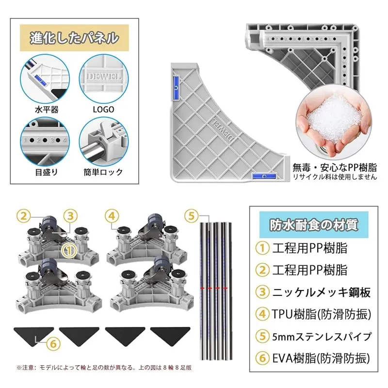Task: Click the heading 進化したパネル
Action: point(74,38)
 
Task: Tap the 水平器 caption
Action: point(47,110)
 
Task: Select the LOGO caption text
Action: point(103,110)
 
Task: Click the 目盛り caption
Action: point(46,172)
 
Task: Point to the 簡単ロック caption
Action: point(103,172)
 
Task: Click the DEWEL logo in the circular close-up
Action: point(104,76)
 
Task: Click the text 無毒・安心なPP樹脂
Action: point(335,167)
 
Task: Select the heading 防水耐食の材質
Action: point(314,225)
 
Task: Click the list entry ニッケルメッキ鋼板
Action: point(322,292)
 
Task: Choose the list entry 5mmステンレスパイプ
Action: point(322,337)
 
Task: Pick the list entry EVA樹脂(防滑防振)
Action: point(321,358)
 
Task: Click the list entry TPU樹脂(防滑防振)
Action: point(322,314)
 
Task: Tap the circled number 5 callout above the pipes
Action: point(192,216)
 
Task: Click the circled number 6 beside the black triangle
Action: point(53,344)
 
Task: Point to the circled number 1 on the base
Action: point(69,250)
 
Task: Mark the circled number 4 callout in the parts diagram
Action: point(112,216)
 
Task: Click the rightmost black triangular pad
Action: point(170,335)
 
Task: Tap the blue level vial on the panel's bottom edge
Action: point(264,176)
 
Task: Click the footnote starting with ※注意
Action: point(104,368)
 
